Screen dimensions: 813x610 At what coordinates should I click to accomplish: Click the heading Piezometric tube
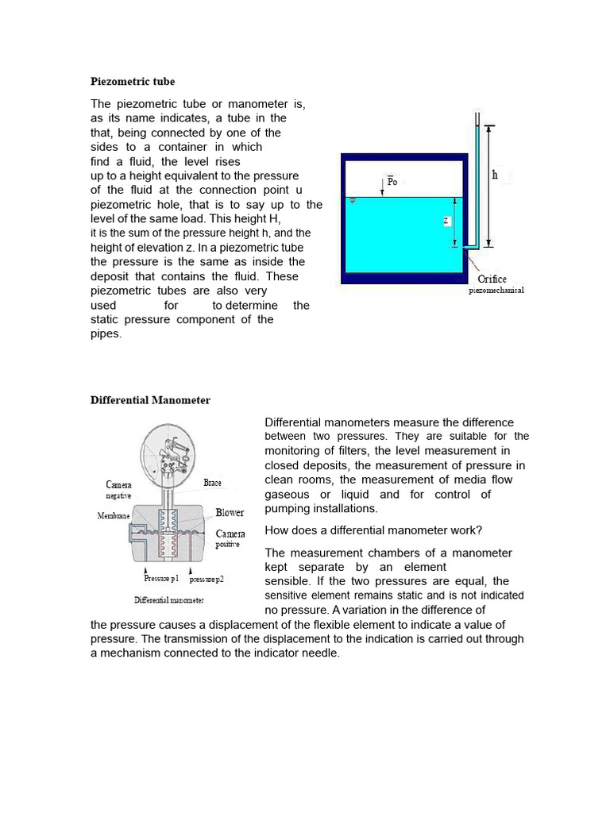133,82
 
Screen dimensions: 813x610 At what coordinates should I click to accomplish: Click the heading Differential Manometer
150,400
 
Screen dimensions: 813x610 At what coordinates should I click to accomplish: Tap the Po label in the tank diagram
392,182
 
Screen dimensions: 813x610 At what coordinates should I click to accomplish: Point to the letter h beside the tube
495,175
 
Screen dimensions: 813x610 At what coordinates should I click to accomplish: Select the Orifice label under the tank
492,279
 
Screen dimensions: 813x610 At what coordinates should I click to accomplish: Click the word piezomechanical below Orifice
496,291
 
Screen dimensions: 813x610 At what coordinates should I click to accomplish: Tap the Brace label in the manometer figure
212,482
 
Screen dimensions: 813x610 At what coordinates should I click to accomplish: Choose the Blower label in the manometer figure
230,513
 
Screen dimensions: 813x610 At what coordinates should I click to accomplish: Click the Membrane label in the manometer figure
114,515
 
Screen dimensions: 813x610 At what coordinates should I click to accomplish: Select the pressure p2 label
206,580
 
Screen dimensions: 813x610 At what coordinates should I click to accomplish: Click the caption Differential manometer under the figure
169,599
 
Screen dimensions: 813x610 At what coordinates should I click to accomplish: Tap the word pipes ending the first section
106,334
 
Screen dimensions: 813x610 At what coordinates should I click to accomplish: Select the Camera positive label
230,539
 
